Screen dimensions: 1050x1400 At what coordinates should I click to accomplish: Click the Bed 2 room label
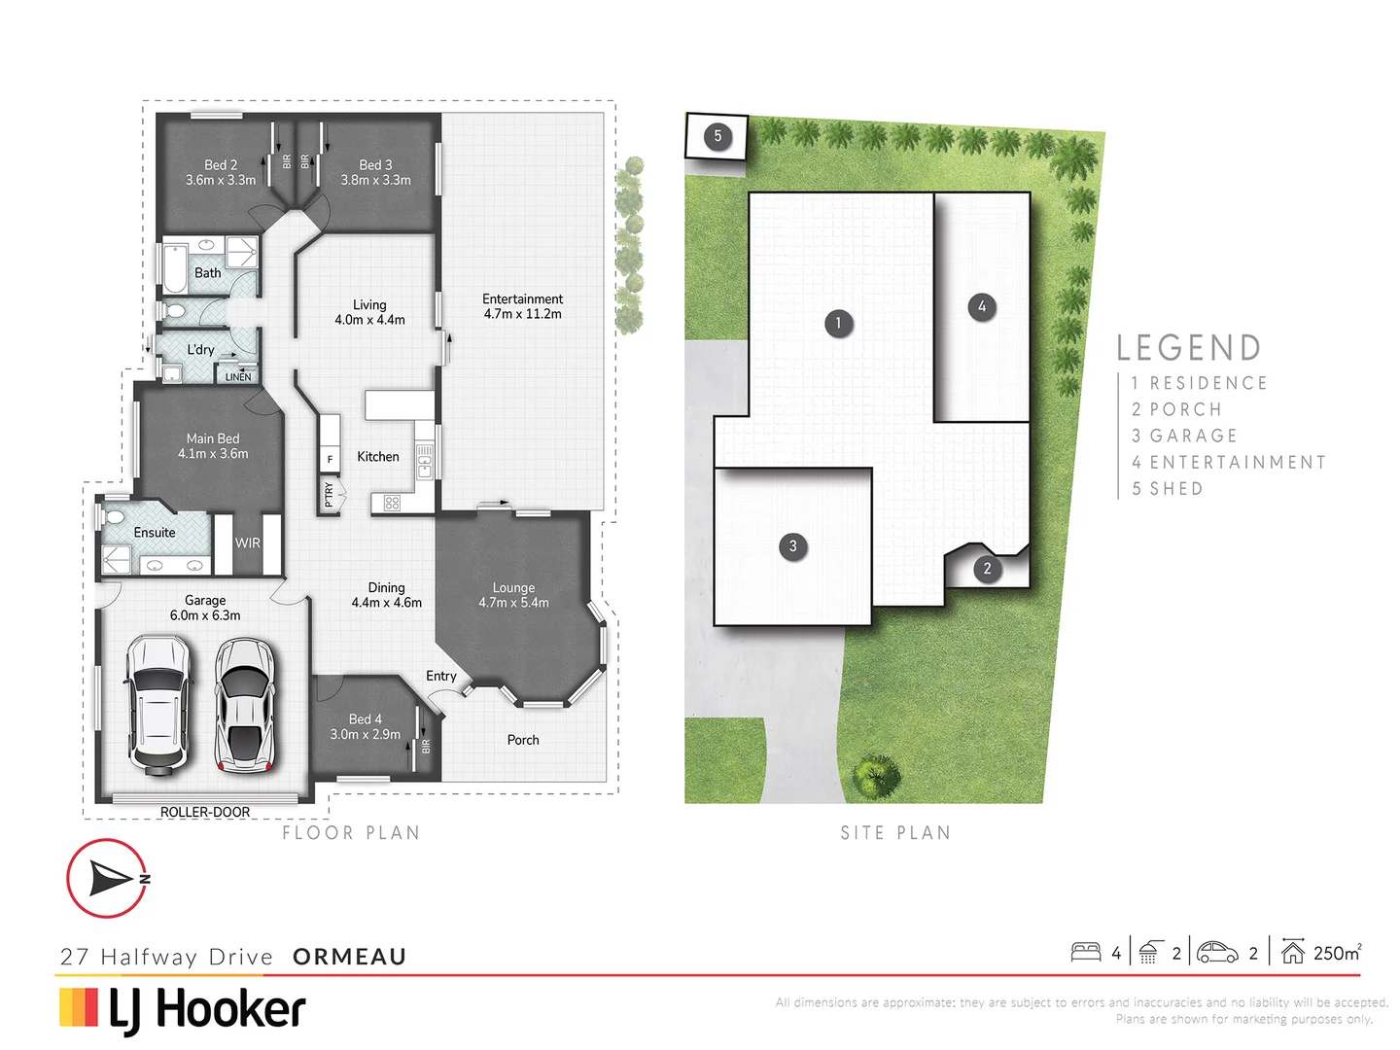(221, 172)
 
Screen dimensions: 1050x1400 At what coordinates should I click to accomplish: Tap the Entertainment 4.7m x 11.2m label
(522, 306)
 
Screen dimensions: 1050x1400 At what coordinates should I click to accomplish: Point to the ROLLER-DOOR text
(205, 812)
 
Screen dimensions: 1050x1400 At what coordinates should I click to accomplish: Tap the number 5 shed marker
(717, 136)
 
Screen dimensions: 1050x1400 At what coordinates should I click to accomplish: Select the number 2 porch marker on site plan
(987, 569)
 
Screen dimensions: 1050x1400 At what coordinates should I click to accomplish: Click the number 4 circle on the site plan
(982, 307)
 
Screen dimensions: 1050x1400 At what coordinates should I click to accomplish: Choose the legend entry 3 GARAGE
(1184, 436)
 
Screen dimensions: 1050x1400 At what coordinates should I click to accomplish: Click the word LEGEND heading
(1188, 348)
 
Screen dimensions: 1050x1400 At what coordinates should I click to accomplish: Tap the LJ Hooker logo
(183, 1009)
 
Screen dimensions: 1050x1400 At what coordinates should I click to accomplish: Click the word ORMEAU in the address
(349, 957)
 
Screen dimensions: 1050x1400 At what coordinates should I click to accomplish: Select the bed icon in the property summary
(1085, 952)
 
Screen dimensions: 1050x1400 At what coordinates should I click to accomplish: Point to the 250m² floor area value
(1337, 953)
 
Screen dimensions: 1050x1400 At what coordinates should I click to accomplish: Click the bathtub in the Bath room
(175, 269)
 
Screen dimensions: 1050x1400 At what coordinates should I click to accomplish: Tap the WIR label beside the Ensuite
(248, 542)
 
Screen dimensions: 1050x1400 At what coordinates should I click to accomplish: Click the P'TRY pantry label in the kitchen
(329, 495)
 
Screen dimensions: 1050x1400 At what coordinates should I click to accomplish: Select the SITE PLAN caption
(895, 833)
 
